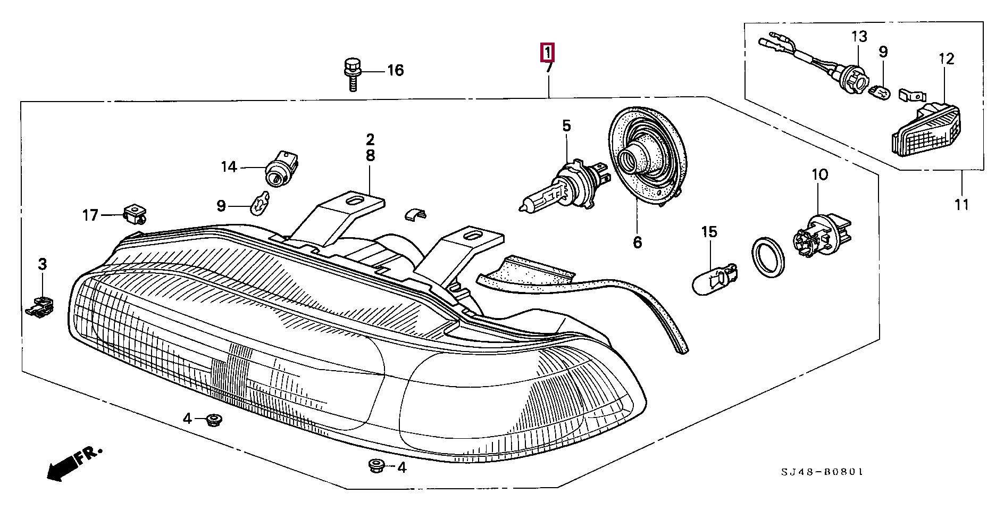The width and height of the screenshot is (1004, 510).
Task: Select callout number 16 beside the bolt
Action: [x=395, y=70]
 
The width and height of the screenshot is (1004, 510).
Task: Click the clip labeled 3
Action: [x=40, y=307]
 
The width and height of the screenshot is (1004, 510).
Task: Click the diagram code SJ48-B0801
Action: [x=822, y=472]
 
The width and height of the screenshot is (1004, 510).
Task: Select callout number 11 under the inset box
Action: [x=961, y=204]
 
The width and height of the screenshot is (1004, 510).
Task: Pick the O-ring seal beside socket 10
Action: [x=768, y=259]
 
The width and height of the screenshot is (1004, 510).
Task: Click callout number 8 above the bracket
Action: [x=370, y=156]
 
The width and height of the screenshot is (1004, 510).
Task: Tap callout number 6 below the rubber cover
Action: [x=638, y=243]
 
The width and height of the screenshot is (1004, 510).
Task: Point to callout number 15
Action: [x=709, y=232]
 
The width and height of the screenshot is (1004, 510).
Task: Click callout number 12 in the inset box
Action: [x=947, y=58]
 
